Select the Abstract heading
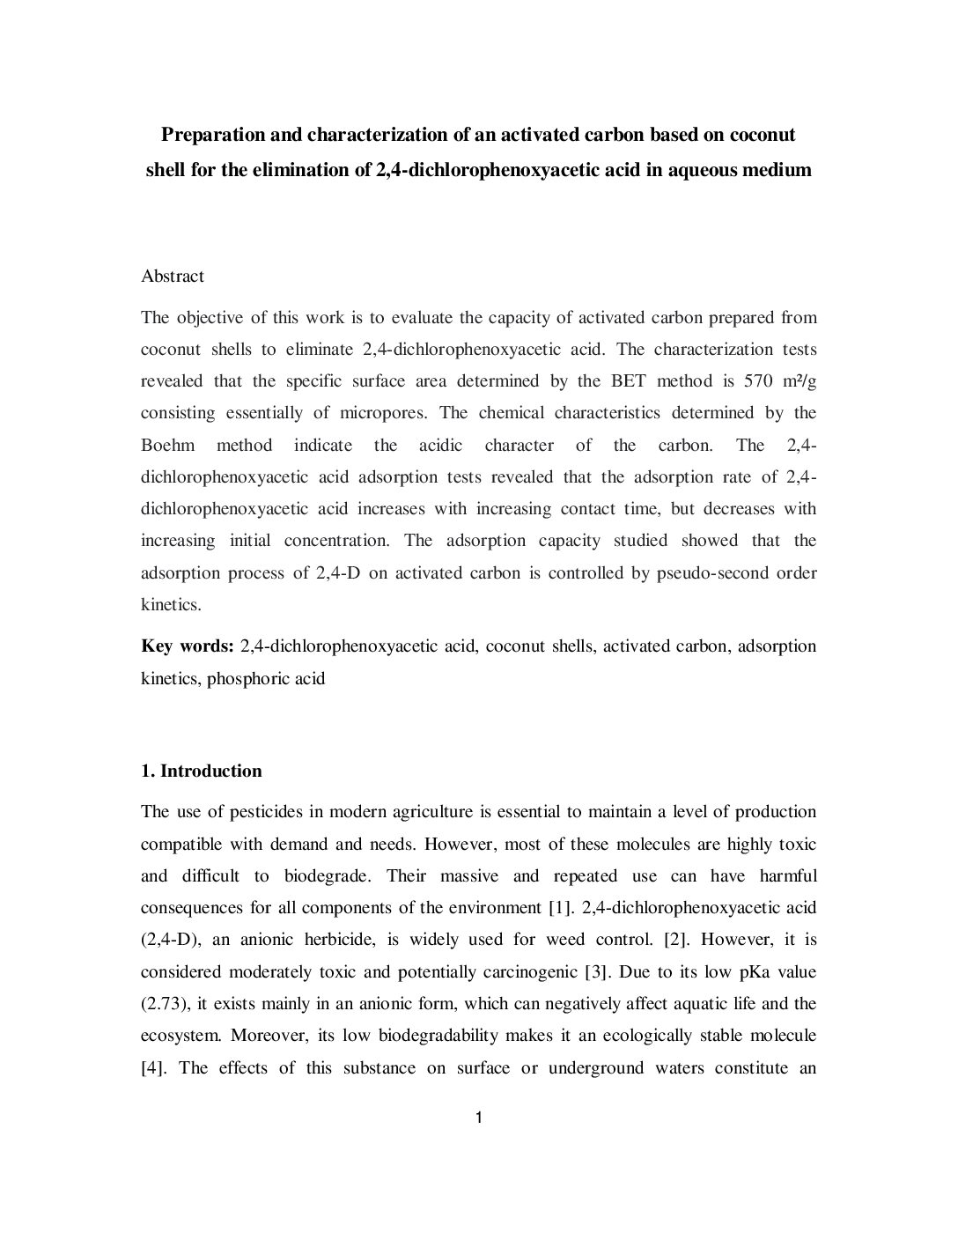click(x=173, y=277)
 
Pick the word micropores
click(x=386, y=413)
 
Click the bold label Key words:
click(x=188, y=646)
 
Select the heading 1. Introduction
click(x=202, y=771)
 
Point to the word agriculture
click(x=431, y=812)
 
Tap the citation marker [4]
click(x=155, y=1068)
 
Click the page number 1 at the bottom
click(x=478, y=1118)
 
